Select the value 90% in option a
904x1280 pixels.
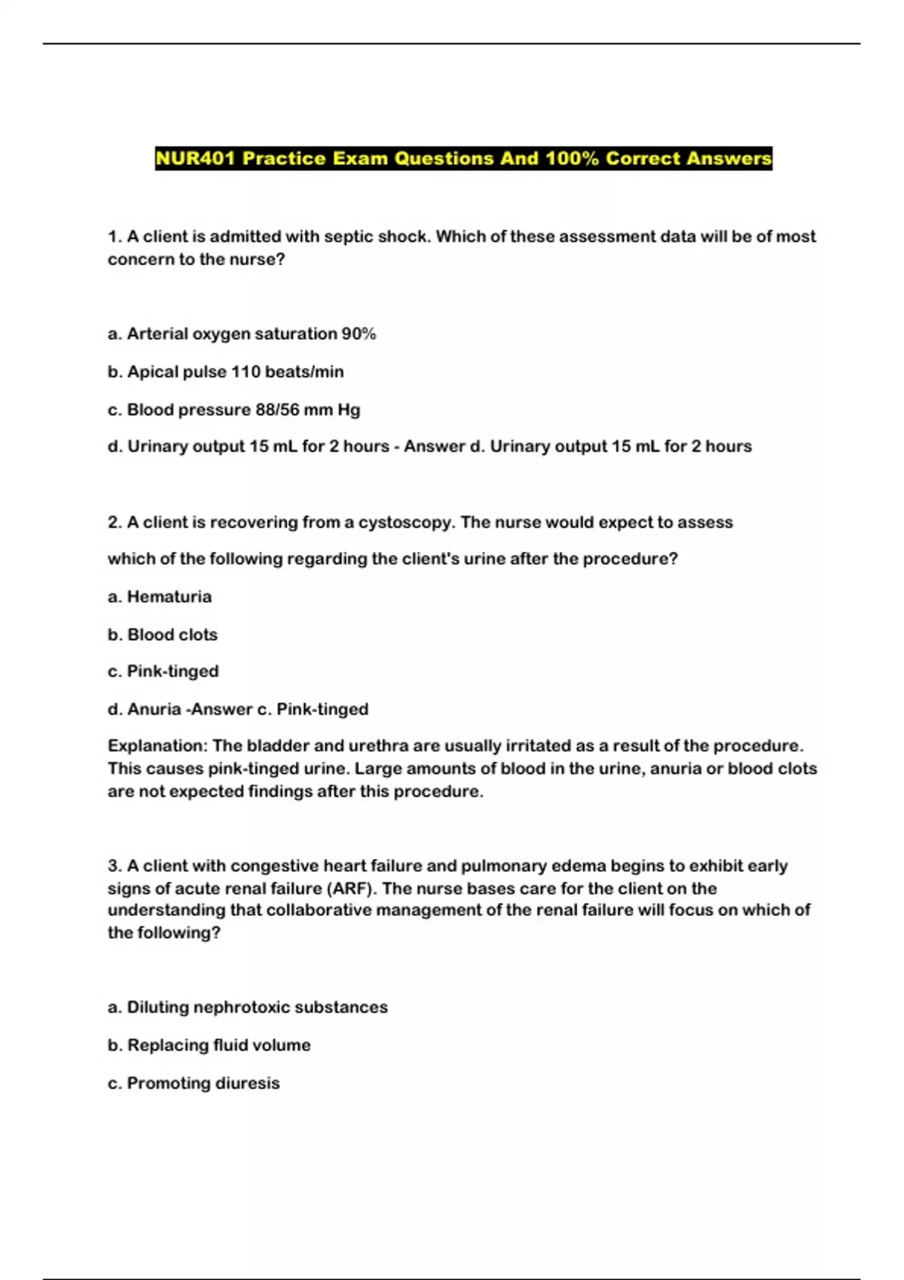(359, 334)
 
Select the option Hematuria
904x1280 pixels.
(169, 597)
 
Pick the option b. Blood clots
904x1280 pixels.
(163, 635)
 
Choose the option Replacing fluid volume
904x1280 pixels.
(218, 1045)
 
